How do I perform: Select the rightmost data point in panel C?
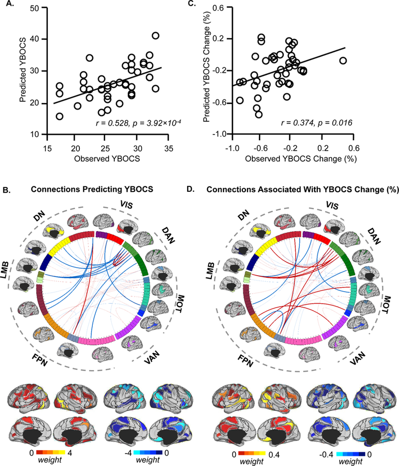tap(343, 60)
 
